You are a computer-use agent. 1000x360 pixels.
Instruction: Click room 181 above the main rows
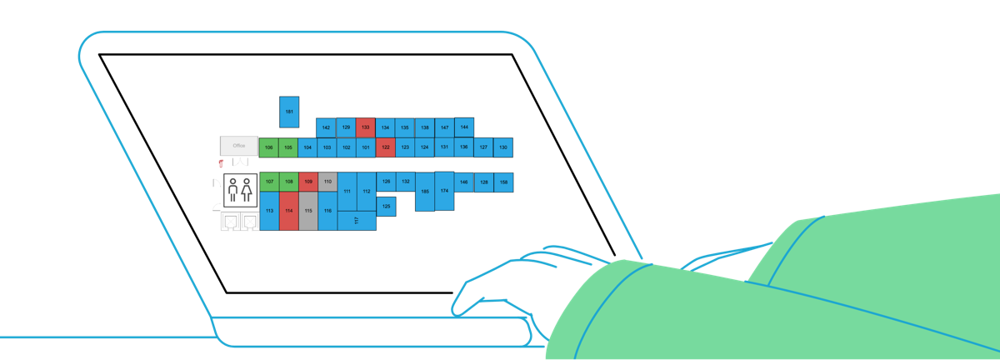click(x=289, y=112)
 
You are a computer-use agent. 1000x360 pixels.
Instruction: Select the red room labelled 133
click(x=365, y=127)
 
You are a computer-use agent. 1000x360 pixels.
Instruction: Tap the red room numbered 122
click(x=385, y=147)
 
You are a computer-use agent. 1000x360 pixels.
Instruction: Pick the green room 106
click(x=268, y=147)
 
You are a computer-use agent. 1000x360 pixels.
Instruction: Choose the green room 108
click(x=288, y=181)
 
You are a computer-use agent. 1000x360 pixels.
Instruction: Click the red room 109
click(x=308, y=181)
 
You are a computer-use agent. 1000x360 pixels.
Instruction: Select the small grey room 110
click(x=327, y=181)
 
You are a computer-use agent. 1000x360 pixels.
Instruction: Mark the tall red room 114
click(x=288, y=211)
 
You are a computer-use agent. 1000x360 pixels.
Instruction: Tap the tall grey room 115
click(x=308, y=211)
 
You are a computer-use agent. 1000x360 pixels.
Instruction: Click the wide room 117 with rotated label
click(x=357, y=220)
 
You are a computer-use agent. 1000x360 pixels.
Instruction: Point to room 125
click(x=386, y=205)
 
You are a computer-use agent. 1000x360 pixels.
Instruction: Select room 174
click(x=444, y=191)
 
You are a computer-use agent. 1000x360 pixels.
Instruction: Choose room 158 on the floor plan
click(x=503, y=181)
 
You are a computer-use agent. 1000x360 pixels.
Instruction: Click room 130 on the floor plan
click(x=503, y=147)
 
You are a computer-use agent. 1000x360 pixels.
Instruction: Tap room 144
click(x=464, y=127)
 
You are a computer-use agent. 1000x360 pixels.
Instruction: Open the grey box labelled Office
click(x=239, y=146)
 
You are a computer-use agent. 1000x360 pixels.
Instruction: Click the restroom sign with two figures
click(x=239, y=190)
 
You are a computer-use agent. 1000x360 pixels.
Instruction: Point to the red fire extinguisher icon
click(x=220, y=164)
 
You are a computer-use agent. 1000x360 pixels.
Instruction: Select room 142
click(x=326, y=127)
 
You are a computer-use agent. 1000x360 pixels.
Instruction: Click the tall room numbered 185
click(x=425, y=192)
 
